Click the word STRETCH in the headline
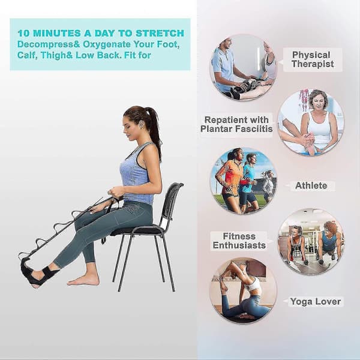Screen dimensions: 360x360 [x=160, y=33]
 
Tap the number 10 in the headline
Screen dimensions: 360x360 [x=23, y=33]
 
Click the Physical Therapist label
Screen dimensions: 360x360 [x=313, y=59]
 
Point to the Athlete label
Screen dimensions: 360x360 [x=311, y=185]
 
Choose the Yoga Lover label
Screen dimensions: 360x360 [x=315, y=301]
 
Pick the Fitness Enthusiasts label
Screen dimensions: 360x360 [x=239, y=241]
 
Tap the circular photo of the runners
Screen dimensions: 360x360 [x=243, y=181]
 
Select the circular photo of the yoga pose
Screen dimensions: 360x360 [x=243, y=290]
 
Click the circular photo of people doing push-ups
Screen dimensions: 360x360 [x=311, y=241]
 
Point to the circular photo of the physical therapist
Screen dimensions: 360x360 [x=243, y=67]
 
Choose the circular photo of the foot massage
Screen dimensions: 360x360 [x=311, y=122]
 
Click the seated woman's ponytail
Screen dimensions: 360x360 [x=154, y=128]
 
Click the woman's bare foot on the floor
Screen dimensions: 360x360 [x=83, y=279]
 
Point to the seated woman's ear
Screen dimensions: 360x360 [x=142, y=124]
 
